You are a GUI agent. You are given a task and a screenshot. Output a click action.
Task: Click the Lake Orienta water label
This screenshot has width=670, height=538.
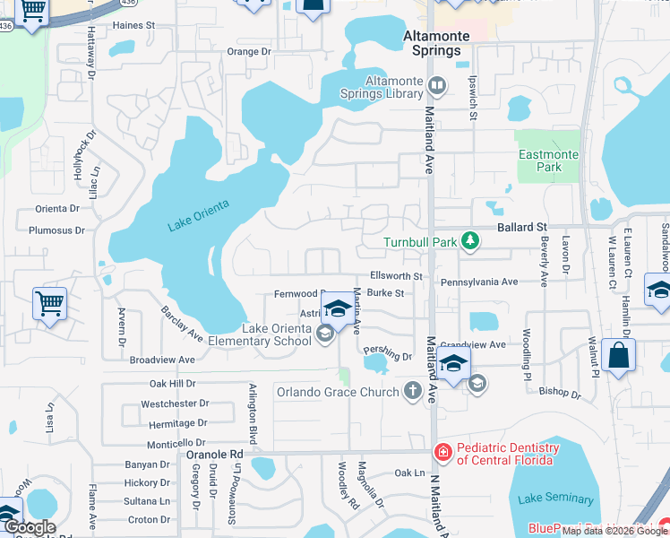(198, 215)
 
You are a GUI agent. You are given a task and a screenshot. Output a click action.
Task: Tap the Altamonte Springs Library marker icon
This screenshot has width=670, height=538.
(437, 87)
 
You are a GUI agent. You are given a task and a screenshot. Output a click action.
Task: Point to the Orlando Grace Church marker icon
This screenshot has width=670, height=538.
(412, 391)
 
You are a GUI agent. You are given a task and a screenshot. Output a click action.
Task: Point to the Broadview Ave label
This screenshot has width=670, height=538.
(162, 360)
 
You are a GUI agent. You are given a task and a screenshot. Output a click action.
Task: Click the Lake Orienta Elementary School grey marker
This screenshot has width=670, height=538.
(324, 334)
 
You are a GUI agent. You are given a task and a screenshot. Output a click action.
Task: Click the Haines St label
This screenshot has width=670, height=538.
(127, 26)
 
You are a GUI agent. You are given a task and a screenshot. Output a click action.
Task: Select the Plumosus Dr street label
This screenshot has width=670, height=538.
(56, 230)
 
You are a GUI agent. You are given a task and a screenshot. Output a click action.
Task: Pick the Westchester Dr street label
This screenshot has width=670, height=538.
(175, 403)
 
